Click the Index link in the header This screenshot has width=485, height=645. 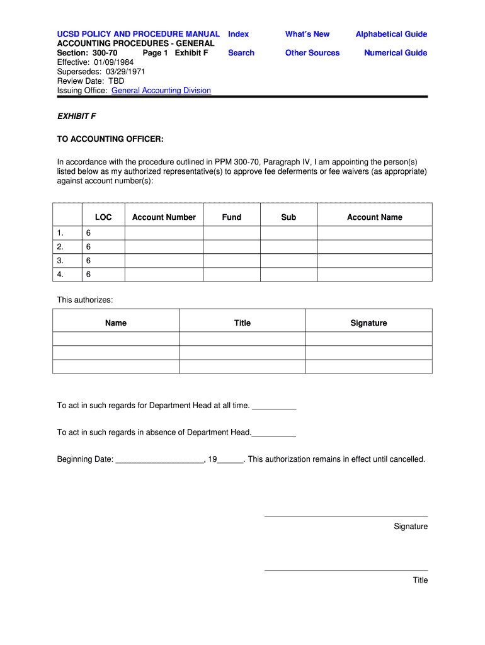pyautogui.click(x=238, y=34)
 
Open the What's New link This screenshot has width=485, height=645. pyautogui.click(x=307, y=34)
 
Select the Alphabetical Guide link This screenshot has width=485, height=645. pyautogui.click(x=391, y=34)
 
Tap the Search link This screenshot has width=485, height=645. pyautogui.click(x=241, y=53)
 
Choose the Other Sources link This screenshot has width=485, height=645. pyautogui.click(x=312, y=53)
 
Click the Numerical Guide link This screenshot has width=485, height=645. pyautogui.click(x=396, y=53)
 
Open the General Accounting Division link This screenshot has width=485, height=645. pyautogui.click(x=161, y=90)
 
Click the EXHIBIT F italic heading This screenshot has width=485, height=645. pyautogui.click(x=76, y=117)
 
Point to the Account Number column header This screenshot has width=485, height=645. pyautogui.click(x=164, y=217)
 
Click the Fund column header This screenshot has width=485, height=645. pyautogui.click(x=232, y=217)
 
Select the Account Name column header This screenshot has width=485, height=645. pyautogui.click(x=375, y=217)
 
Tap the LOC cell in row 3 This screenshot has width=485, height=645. pyautogui.click(x=103, y=261)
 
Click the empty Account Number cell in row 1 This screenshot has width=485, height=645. pyautogui.click(x=164, y=233)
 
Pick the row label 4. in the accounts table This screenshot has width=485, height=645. pyautogui.click(x=60, y=275)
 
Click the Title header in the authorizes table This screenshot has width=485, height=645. pyautogui.click(x=243, y=323)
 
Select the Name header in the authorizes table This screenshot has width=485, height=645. pyautogui.click(x=116, y=323)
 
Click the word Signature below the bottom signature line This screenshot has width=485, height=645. pyautogui.click(x=411, y=527)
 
